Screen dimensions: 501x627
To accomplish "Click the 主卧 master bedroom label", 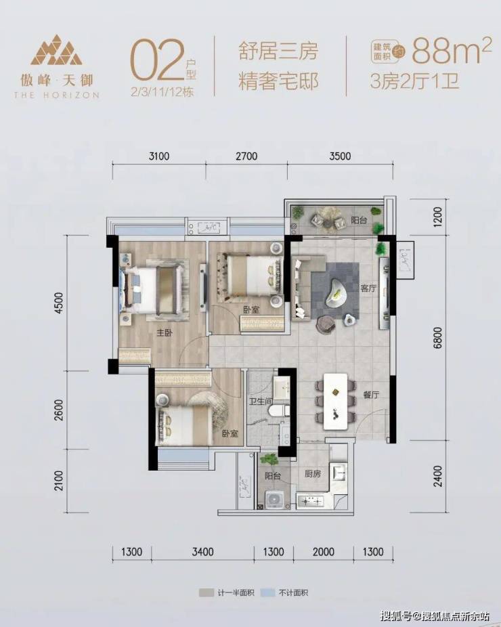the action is click(164, 332).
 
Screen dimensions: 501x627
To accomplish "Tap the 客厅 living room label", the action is click(368, 288).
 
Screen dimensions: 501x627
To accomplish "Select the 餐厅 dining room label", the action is click(370, 395).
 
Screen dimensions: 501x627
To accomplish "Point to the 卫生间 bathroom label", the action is click(260, 401).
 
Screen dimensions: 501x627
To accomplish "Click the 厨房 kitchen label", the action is click(313, 474).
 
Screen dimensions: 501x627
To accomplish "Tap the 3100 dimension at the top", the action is click(158, 156).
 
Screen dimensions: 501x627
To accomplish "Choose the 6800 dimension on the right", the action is click(438, 338).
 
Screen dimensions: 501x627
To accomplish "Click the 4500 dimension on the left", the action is click(59, 303).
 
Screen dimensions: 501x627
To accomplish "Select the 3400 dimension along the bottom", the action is click(202, 553).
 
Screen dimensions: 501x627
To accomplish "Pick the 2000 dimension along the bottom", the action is click(324, 553).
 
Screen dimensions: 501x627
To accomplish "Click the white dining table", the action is click(335, 402).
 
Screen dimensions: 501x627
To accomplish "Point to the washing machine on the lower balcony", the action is click(274, 500).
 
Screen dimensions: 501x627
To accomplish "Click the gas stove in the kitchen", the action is click(309, 500).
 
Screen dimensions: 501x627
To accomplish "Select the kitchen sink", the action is click(338, 473).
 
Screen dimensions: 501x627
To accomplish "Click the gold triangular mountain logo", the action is click(56, 50).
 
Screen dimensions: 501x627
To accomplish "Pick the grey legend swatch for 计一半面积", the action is click(206, 592).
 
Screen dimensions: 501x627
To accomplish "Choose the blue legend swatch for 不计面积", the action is click(267, 592).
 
